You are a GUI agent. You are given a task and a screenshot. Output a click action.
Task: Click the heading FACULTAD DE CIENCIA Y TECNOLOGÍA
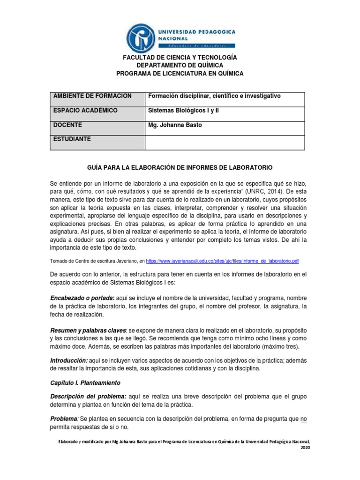(180, 57)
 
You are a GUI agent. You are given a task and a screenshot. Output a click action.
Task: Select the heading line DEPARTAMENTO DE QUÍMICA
(180, 65)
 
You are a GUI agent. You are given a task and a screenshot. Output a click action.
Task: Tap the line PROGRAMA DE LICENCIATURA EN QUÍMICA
(180, 74)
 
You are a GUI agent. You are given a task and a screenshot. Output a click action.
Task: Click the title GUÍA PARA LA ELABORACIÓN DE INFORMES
(180, 167)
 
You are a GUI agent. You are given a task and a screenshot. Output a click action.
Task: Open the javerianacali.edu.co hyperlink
(223, 261)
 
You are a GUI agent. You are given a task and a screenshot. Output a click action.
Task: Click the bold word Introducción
(69, 360)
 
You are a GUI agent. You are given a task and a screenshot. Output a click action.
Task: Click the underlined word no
(303, 418)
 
